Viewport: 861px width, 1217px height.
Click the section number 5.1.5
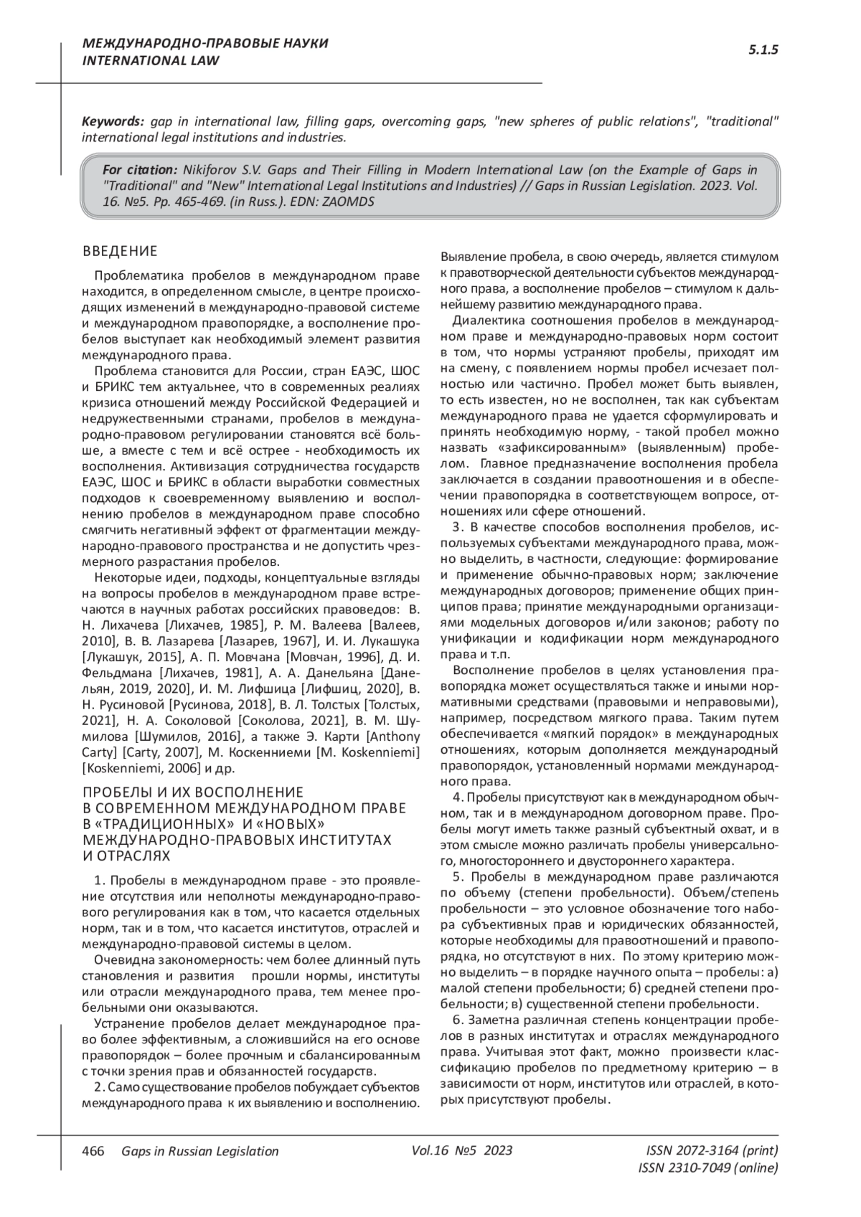point(763,49)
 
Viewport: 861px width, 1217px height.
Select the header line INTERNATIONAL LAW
point(151,60)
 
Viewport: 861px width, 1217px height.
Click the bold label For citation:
point(139,170)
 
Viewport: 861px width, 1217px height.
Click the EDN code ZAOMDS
point(347,202)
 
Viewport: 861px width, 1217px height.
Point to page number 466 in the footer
point(93,1151)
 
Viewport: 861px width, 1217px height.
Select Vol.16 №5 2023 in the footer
point(462,1151)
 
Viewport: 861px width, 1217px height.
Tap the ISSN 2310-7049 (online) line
point(707,1168)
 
